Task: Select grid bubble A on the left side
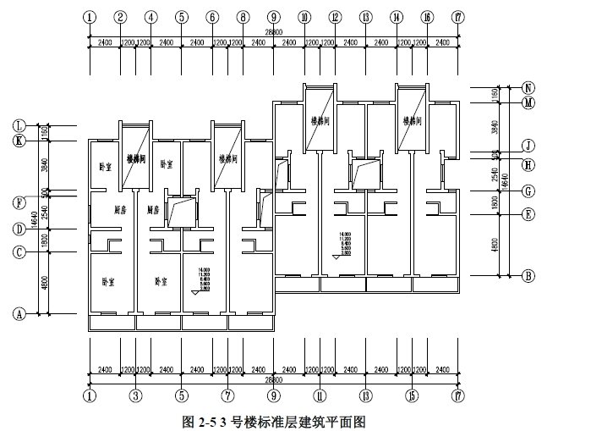[x=18, y=313]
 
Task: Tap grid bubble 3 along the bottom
[x=134, y=395]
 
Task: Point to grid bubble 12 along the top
[x=335, y=17]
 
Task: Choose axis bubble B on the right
[x=528, y=275]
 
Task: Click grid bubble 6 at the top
[x=212, y=17]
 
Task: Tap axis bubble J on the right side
[x=528, y=145]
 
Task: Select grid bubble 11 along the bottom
[x=320, y=395]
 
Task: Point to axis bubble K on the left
[x=18, y=141]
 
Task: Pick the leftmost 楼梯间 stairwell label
[x=136, y=158]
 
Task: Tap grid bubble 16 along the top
[x=427, y=17]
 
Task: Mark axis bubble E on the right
[x=528, y=214]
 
